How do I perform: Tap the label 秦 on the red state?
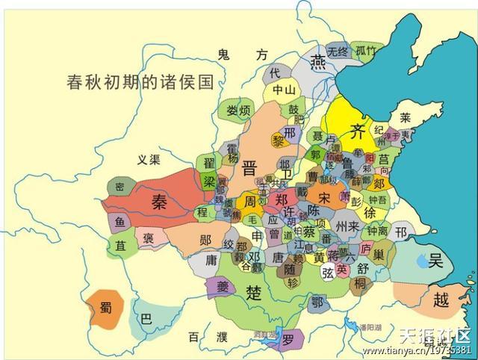click(160, 202)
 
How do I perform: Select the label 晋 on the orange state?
click(249, 167)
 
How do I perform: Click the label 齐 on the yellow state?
click(358, 132)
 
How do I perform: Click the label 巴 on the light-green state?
click(146, 319)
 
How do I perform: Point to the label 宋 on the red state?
click(323, 197)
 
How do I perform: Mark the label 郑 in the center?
click(282, 200)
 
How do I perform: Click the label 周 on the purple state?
click(249, 202)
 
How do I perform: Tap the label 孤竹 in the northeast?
click(365, 51)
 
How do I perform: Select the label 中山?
click(284, 90)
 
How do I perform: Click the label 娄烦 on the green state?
click(238, 111)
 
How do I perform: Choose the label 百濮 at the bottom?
click(207, 338)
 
